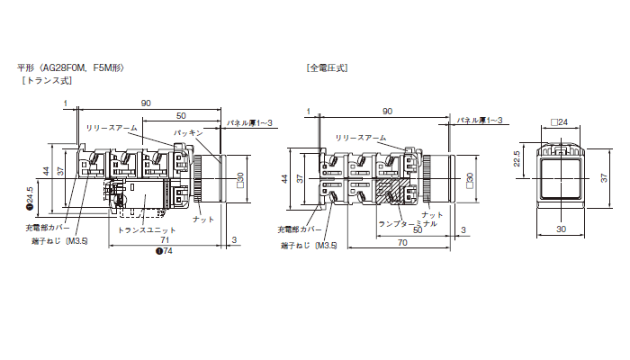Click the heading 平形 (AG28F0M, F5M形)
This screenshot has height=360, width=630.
(x=69, y=67)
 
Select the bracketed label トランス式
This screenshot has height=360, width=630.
(x=47, y=81)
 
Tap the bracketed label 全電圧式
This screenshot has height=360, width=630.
(x=327, y=67)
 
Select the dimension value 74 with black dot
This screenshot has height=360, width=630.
(x=164, y=251)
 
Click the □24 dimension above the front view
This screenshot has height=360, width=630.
(x=558, y=121)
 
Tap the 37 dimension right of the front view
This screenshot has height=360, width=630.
(x=601, y=178)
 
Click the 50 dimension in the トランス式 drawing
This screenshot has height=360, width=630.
(x=181, y=116)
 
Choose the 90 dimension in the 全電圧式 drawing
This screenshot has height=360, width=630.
(x=387, y=110)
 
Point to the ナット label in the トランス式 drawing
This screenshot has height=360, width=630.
(x=203, y=219)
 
